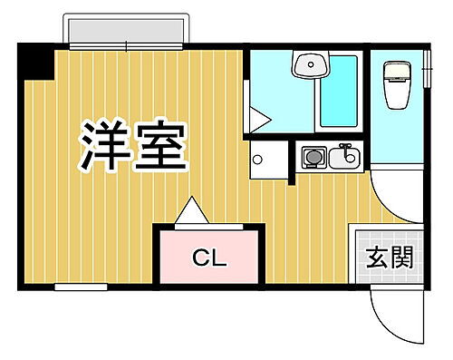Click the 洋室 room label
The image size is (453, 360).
pos(133,148)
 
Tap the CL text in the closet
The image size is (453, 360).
pos(208,258)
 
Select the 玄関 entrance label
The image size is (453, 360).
pos(390,258)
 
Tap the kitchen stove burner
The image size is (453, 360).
pos(313,159)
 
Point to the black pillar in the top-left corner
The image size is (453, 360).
pos(35,61)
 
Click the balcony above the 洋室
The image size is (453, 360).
pos(126,33)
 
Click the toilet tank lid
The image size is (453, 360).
pos(396,69)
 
